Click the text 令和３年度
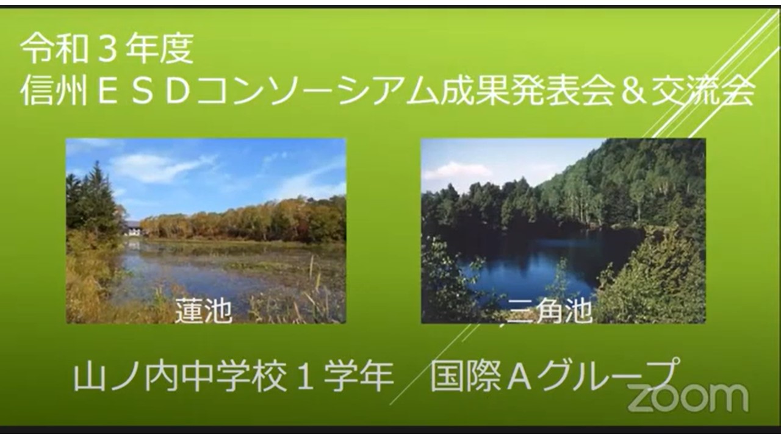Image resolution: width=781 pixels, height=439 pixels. coord(107,49)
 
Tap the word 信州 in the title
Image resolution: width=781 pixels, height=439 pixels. coord(54,91)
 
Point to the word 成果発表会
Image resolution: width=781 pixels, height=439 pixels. coord(528,91)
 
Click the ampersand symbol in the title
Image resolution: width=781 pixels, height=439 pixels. coord(633,92)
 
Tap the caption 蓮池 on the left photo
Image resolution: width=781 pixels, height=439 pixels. coord(204,310)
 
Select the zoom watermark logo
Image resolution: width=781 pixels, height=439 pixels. coord(688,398)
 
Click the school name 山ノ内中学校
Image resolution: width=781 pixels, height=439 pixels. coord(180,377)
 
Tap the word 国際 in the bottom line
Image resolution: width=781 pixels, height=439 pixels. coord(467,377)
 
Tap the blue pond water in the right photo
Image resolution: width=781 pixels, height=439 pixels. coord(533,265)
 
